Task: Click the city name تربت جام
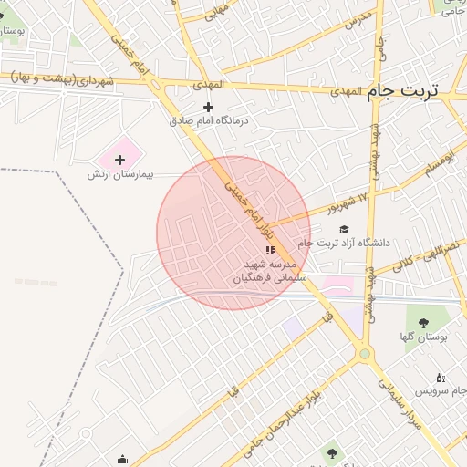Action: click(x=402, y=92)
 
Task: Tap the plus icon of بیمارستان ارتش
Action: click(x=119, y=160)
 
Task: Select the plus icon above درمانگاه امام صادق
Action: click(x=209, y=107)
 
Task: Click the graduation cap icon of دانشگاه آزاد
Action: click(x=344, y=230)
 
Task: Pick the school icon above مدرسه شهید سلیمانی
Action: click(x=270, y=249)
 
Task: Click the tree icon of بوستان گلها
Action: click(x=423, y=323)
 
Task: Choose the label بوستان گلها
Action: click(x=424, y=337)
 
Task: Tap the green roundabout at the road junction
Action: click(x=365, y=353)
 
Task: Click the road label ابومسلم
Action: click(x=437, y=165)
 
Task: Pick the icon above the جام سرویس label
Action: click(x=441, y=378)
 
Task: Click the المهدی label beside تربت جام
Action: click(x=341, y=92)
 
